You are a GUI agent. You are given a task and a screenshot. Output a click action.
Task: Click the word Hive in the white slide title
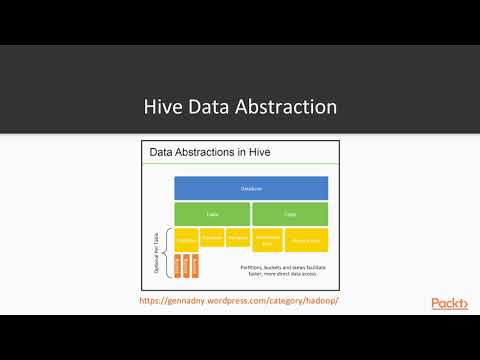pyautogui.click(x=165, y=106)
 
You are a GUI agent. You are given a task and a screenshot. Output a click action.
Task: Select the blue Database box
pyautogui.click(x=251, y=188)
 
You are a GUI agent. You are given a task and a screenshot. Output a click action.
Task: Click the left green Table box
pyautogui.click(x=211, y=214)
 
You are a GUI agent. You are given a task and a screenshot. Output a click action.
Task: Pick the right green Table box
pyautogui.click(x=290, y=214)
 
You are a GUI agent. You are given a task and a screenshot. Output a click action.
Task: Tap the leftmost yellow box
pyautogui.click(x=186, y=239)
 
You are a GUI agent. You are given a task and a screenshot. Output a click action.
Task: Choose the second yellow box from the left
pyautogui.click(x=211, y=239)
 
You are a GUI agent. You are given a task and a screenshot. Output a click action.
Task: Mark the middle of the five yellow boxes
pyautogui.click(x=237, y=239)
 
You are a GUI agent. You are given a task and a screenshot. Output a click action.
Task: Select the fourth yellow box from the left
pyautogui.click(x=266, y=240)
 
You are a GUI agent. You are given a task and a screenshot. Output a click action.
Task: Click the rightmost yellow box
pyautogui.click(x=304, y=240)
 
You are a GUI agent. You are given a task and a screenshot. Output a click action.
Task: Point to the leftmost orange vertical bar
pyautogui.click(x=178, y=267)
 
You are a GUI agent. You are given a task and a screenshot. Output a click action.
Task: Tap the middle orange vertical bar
pyautogui.click(x=187, y=267)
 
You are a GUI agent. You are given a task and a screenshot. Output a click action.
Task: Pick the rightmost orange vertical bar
pyautogui.click(x=196, y=267)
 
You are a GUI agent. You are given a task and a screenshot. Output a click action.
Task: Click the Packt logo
pyautogui.click(x=449, y=303)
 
